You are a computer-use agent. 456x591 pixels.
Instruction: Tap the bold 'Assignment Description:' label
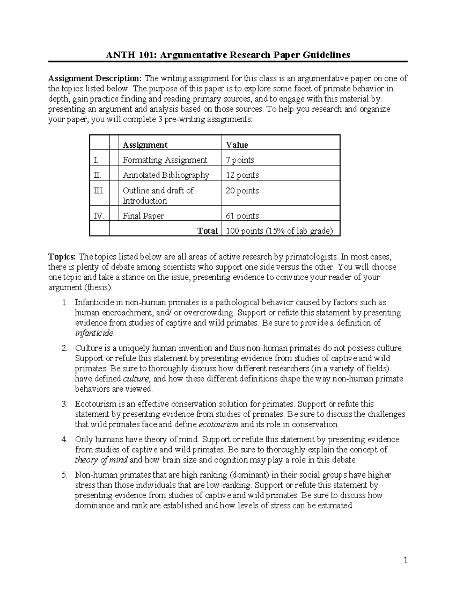pos(95,78)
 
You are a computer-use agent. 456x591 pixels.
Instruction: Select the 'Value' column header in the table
pos(237,145)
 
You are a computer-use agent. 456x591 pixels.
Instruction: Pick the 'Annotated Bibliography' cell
pos(166,175)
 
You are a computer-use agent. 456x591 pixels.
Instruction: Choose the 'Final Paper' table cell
pos(143,216)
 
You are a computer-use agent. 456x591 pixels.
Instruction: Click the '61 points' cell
pos(242,216)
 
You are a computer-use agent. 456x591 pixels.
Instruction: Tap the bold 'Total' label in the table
pos(207,231)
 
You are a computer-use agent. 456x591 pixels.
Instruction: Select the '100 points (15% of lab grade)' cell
pos(279,231)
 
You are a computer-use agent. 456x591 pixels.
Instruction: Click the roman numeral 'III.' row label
pos(99,191)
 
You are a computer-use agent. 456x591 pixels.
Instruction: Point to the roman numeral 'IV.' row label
pos(99,216)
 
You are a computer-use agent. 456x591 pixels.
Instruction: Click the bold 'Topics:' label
pos(62,256)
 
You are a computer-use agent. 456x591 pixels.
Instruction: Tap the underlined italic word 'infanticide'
pos(94,333)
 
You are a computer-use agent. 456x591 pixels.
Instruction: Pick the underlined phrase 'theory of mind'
pos(101,460)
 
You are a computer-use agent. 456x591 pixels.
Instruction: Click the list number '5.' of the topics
pos(65,475)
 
